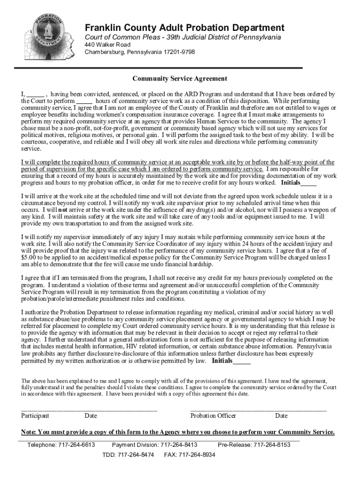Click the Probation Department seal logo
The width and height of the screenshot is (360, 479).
pyautogui.click(x=48, y=38)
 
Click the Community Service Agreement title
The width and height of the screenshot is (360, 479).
pyautogui.click(x=180, y=79)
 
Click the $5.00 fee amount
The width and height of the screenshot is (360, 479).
pyautogui.click(x=29, y=257)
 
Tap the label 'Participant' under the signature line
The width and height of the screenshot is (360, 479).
pyautogui.click(x=35, y=416)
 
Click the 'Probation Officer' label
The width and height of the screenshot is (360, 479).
pyautogui.click(x=213, y=416)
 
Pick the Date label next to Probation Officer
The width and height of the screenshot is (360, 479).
pyautogui.click(x=281, y=416)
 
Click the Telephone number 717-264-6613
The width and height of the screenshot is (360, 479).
pyautogui.click(x=77, y=445)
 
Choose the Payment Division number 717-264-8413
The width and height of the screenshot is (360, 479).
pyautogui.click(x=179, y=445)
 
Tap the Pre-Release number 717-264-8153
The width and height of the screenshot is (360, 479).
pyautogui.click(x=272, y=445)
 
